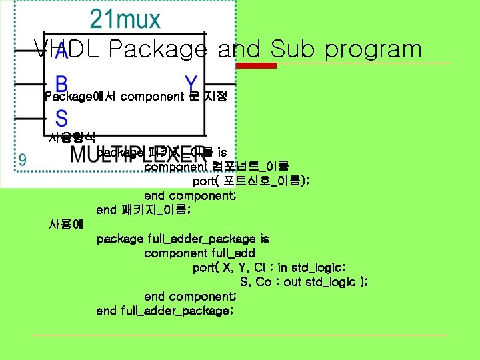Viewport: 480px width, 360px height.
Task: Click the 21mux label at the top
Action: [x=125, y=19]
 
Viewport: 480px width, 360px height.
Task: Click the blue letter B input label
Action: [x=61, y=85]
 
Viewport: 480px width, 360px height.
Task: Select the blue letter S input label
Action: [x=61, y=119]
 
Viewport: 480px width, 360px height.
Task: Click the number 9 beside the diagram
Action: [x=23, y=159]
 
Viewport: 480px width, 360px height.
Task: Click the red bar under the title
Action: [x=258, y=65]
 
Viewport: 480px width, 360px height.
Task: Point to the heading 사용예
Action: [x=66, y=224]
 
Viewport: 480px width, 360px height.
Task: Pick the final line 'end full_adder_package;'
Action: [x=165, y=311]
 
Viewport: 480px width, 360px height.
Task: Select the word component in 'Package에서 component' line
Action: [x=151, y=97]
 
